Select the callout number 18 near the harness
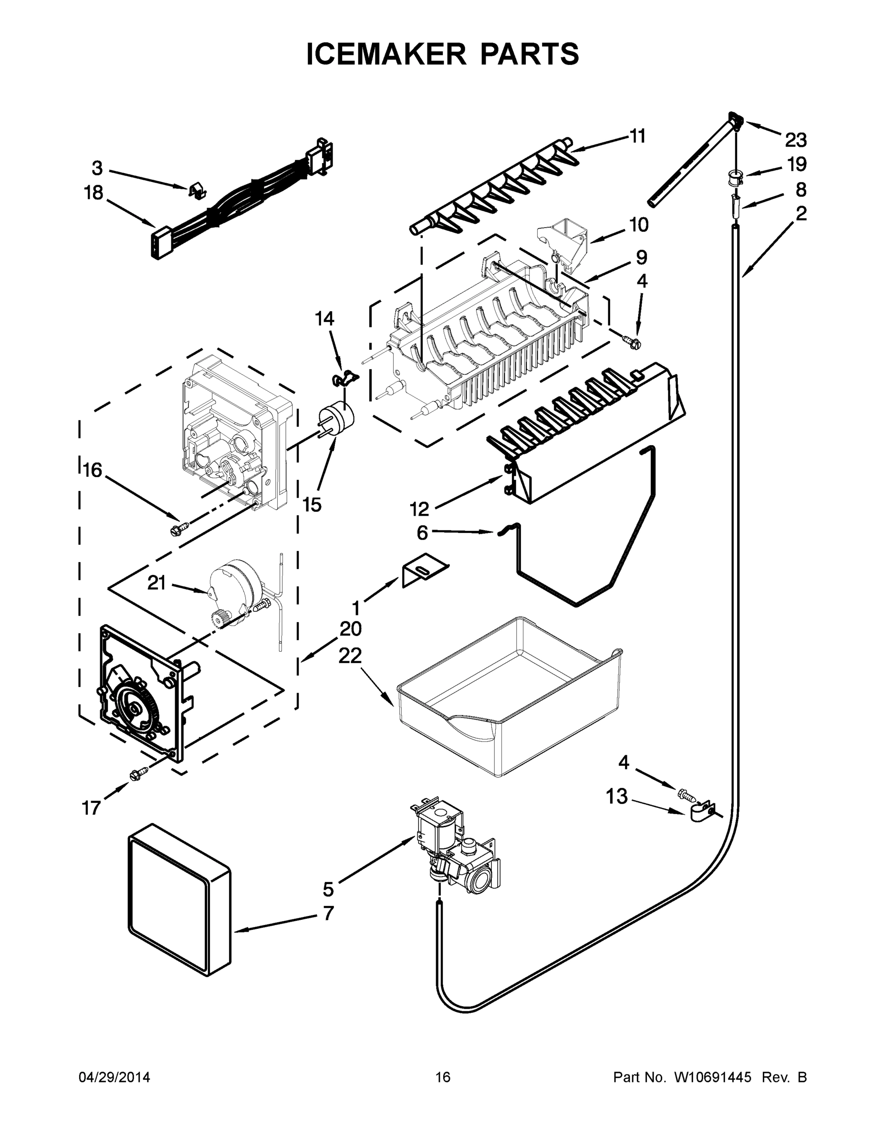94,193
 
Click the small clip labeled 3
196,190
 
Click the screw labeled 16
178,528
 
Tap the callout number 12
419,508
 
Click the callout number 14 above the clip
324,318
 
